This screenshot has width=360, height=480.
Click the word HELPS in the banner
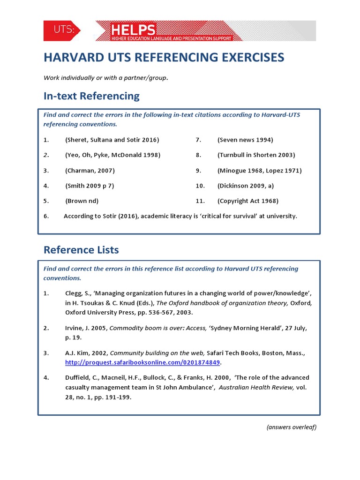click(x=133, y=30)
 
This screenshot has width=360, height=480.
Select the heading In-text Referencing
click(x=91, y=96)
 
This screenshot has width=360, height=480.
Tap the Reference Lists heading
click(x=81, y=250)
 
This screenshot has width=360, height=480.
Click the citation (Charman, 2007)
click(x=90, y=171)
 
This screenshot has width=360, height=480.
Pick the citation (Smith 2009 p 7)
click(x=90, y=186)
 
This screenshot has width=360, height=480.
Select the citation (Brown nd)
click(x=82, y=201)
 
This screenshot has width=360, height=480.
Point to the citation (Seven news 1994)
click(x=245, y=140)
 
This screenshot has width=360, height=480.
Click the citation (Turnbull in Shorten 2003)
click(x=256, y=155)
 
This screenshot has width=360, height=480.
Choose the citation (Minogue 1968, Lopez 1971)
click(x=259, y=171)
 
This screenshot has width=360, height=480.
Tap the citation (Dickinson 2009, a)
click(x=246, y=186)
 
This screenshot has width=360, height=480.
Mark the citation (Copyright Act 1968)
click(x=248, y=201)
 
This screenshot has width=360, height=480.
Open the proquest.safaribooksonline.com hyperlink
click(x=142, y=363)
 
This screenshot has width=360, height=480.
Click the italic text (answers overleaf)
click(x=292, y=427)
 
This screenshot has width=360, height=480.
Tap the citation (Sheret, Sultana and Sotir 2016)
click(x=112, y=140)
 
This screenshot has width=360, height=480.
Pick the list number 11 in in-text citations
click(x=200, y=201)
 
